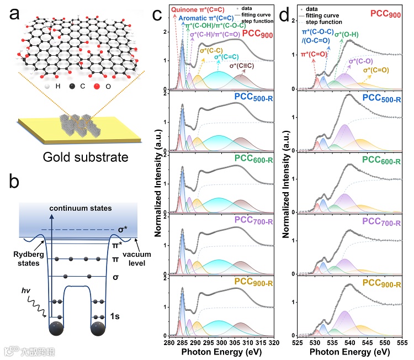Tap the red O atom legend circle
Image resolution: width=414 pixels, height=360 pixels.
tap(98, 88)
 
